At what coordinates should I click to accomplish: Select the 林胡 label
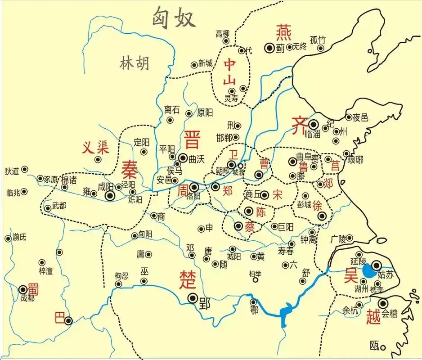click(134, 64)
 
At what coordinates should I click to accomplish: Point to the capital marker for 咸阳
click(110, 196)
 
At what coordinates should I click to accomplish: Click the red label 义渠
click(95, 147)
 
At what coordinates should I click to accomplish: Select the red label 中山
click(230, 72)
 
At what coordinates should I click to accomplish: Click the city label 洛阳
click(193, 196)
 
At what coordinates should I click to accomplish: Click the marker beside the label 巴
click(68, 321)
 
